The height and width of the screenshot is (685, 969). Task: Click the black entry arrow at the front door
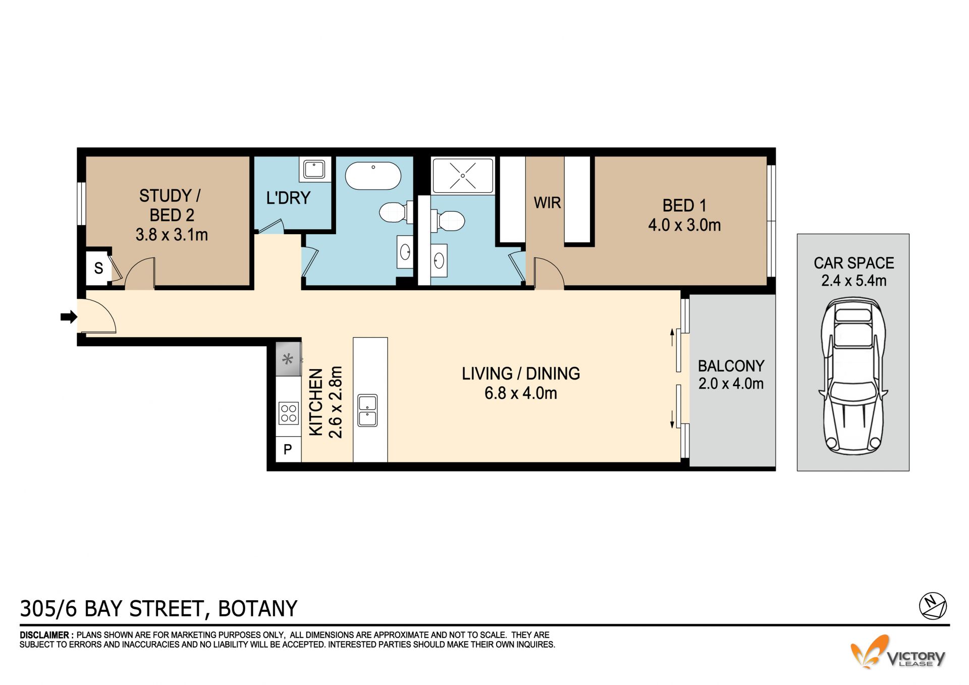69,317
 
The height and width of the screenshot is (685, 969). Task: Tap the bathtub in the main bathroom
373,176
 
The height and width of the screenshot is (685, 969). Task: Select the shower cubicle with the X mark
463,175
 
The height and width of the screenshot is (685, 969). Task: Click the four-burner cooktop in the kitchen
289,413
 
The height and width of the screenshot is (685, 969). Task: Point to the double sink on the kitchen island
367,410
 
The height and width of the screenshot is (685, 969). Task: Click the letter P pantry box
288,449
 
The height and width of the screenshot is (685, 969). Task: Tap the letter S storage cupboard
98,268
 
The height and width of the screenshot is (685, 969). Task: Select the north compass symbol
933,605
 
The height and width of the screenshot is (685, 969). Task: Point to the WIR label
547,203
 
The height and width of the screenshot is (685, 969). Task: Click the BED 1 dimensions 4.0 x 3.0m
684,225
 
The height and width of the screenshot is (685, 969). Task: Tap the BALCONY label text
731,365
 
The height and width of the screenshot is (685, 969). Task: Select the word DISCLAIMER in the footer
44,635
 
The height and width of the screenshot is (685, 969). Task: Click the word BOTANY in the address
257,609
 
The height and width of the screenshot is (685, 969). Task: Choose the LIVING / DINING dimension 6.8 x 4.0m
521,393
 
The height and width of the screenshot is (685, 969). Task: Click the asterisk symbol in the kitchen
288,359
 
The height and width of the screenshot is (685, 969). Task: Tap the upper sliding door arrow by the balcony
672,338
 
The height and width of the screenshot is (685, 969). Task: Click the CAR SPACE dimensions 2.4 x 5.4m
853,281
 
